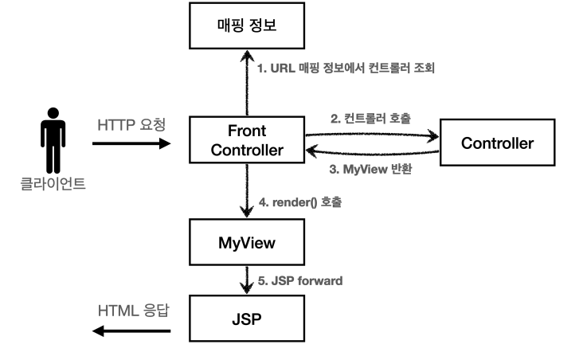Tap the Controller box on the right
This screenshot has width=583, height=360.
click(x=497, y=143)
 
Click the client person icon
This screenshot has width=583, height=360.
click(x=52, y=143)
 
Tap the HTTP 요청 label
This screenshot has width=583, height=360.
click(x=131, y=125)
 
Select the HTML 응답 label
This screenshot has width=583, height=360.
click(x=131, y=308)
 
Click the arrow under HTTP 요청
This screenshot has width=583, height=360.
click(x=131, y=144)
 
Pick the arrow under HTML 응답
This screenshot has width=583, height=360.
click(x=131, y=328)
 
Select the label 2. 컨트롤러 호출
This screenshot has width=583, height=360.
click(x=370, y=119)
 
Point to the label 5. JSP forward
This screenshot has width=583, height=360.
click(x=303, y=280)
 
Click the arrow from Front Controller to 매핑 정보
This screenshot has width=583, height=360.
click(x=246, y=83)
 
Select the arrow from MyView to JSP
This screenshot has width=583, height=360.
click(x=246, y=280)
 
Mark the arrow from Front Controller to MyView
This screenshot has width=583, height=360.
click(x=246, y=191)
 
